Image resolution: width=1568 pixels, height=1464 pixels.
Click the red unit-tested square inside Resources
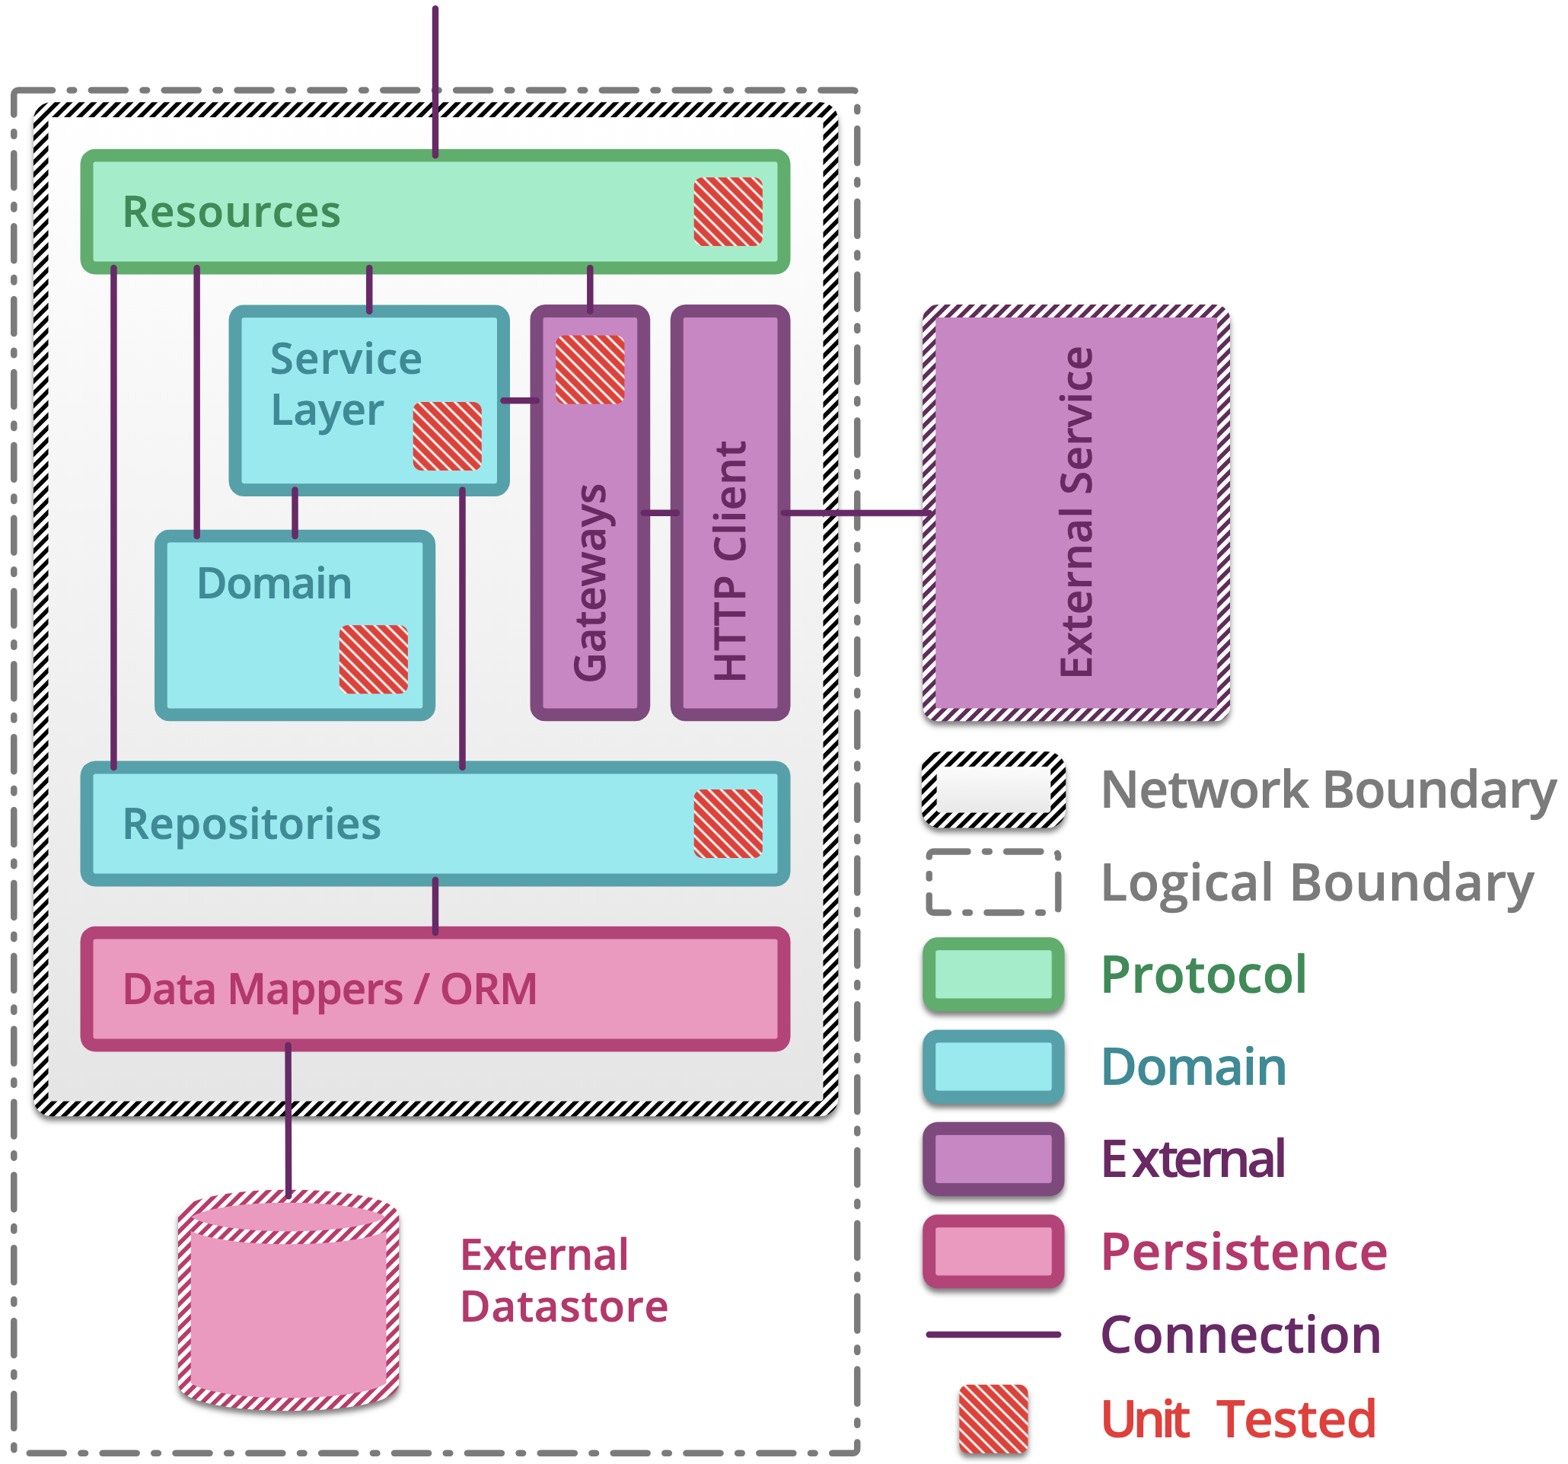tap(728, 212)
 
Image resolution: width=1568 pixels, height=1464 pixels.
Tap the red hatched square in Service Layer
tap(448, 436)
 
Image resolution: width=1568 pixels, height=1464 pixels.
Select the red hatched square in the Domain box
tap(373, 659)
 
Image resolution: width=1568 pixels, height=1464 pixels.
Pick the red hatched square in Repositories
tap(728, 824)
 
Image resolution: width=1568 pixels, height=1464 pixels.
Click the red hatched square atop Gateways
tap(590, 370)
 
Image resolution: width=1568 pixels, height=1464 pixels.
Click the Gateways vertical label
tap(590, 582)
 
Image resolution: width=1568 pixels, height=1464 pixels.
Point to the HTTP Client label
tap(730, 560)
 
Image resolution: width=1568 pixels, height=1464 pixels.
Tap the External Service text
tap(1076, 511)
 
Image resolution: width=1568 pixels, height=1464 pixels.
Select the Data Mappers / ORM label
tap(330, 989)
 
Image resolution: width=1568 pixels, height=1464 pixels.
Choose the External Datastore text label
tap(563, 1281)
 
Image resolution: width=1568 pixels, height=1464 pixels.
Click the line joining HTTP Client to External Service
tap(856, 514)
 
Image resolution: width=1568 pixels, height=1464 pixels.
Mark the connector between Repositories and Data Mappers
tap(435, 905)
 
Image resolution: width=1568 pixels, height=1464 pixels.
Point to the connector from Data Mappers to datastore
tap(288, 1120)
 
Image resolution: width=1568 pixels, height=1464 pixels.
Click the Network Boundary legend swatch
tap(994, 790)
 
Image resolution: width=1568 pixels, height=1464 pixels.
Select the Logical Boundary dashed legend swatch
tap(994, 882)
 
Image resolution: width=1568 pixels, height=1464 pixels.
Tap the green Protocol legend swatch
tap(994, 975)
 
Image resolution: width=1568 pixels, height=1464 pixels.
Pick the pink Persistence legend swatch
tap(994, 1252)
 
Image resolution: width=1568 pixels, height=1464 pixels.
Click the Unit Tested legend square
tap(994, 1419)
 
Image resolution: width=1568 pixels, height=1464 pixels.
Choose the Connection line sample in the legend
tap(994, 1335)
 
